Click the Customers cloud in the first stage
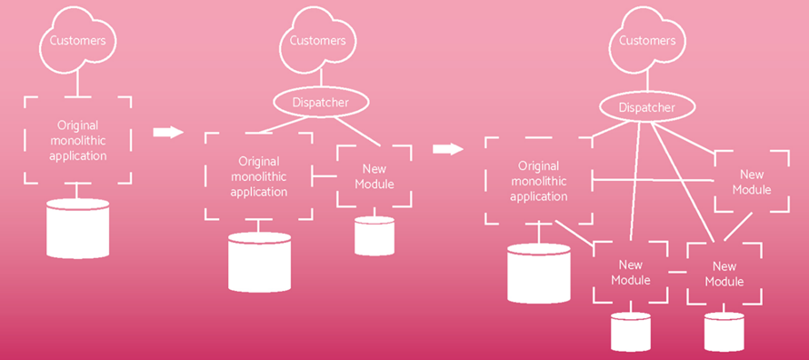point(76,40)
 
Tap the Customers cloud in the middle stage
point(317,40)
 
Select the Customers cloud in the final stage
point(646,40)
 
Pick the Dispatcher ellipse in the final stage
point(646,108)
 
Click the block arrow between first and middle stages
point(167,133)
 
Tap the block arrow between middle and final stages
point(447,149)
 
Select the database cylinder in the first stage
point(77,228)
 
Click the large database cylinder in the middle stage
point(259,262)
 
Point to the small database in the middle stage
point(374,235)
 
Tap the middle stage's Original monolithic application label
point(259,176)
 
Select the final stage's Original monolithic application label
point(537,181)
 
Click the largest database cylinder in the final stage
point(538,273)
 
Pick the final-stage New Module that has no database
point(752,182)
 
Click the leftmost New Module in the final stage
point(630,273)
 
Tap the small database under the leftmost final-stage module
point(631,331)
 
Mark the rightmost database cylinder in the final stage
point(724,331)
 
